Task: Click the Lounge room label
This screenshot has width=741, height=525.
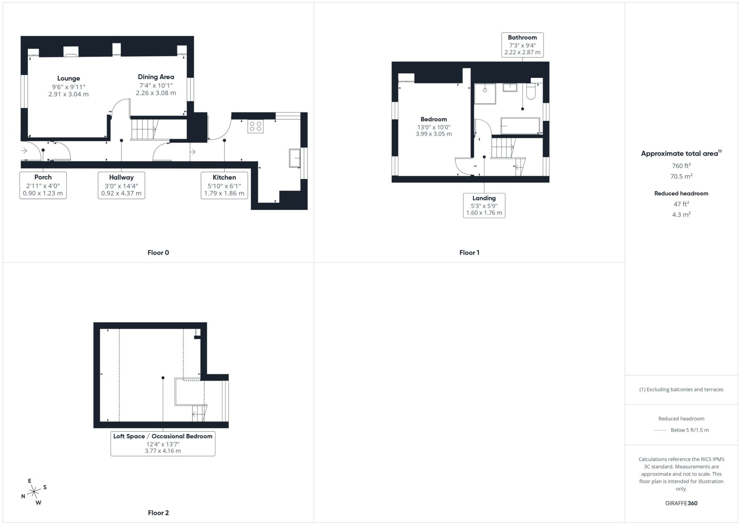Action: [x=69, y=78]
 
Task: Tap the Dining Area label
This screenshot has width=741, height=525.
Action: [x=156, y=77]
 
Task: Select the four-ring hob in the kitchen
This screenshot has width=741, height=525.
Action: [x=255, y=126]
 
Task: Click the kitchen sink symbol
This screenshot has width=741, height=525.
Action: [x=295, y=158]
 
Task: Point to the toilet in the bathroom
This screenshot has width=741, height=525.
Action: [x=531, y=91]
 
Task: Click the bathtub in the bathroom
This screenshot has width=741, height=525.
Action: [x=520, y=126]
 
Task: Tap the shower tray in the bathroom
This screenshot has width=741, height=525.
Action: [x=485, y=93]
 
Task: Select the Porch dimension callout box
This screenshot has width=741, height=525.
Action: [x=43, y=185]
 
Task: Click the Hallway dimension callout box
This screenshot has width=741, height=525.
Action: [x=121, y=185]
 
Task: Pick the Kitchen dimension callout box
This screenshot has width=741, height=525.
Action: [x=224, y=185]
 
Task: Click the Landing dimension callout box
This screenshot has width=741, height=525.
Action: [x=484, y=205]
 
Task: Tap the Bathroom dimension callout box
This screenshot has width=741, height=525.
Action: [x=523, y=45]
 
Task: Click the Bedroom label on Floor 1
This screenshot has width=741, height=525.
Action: [x=434, y=119]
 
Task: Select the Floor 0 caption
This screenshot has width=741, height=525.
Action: [x=158, y=252]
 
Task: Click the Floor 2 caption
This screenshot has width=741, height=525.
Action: [x=159, y=513]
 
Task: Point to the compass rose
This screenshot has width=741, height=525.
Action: [x=34, y=492]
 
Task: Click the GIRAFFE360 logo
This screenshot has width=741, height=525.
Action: [x=681, y=503]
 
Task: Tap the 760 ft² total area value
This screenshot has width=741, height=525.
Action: [x=681, y=165]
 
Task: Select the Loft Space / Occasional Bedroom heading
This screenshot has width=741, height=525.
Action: [x=163, y=436]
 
